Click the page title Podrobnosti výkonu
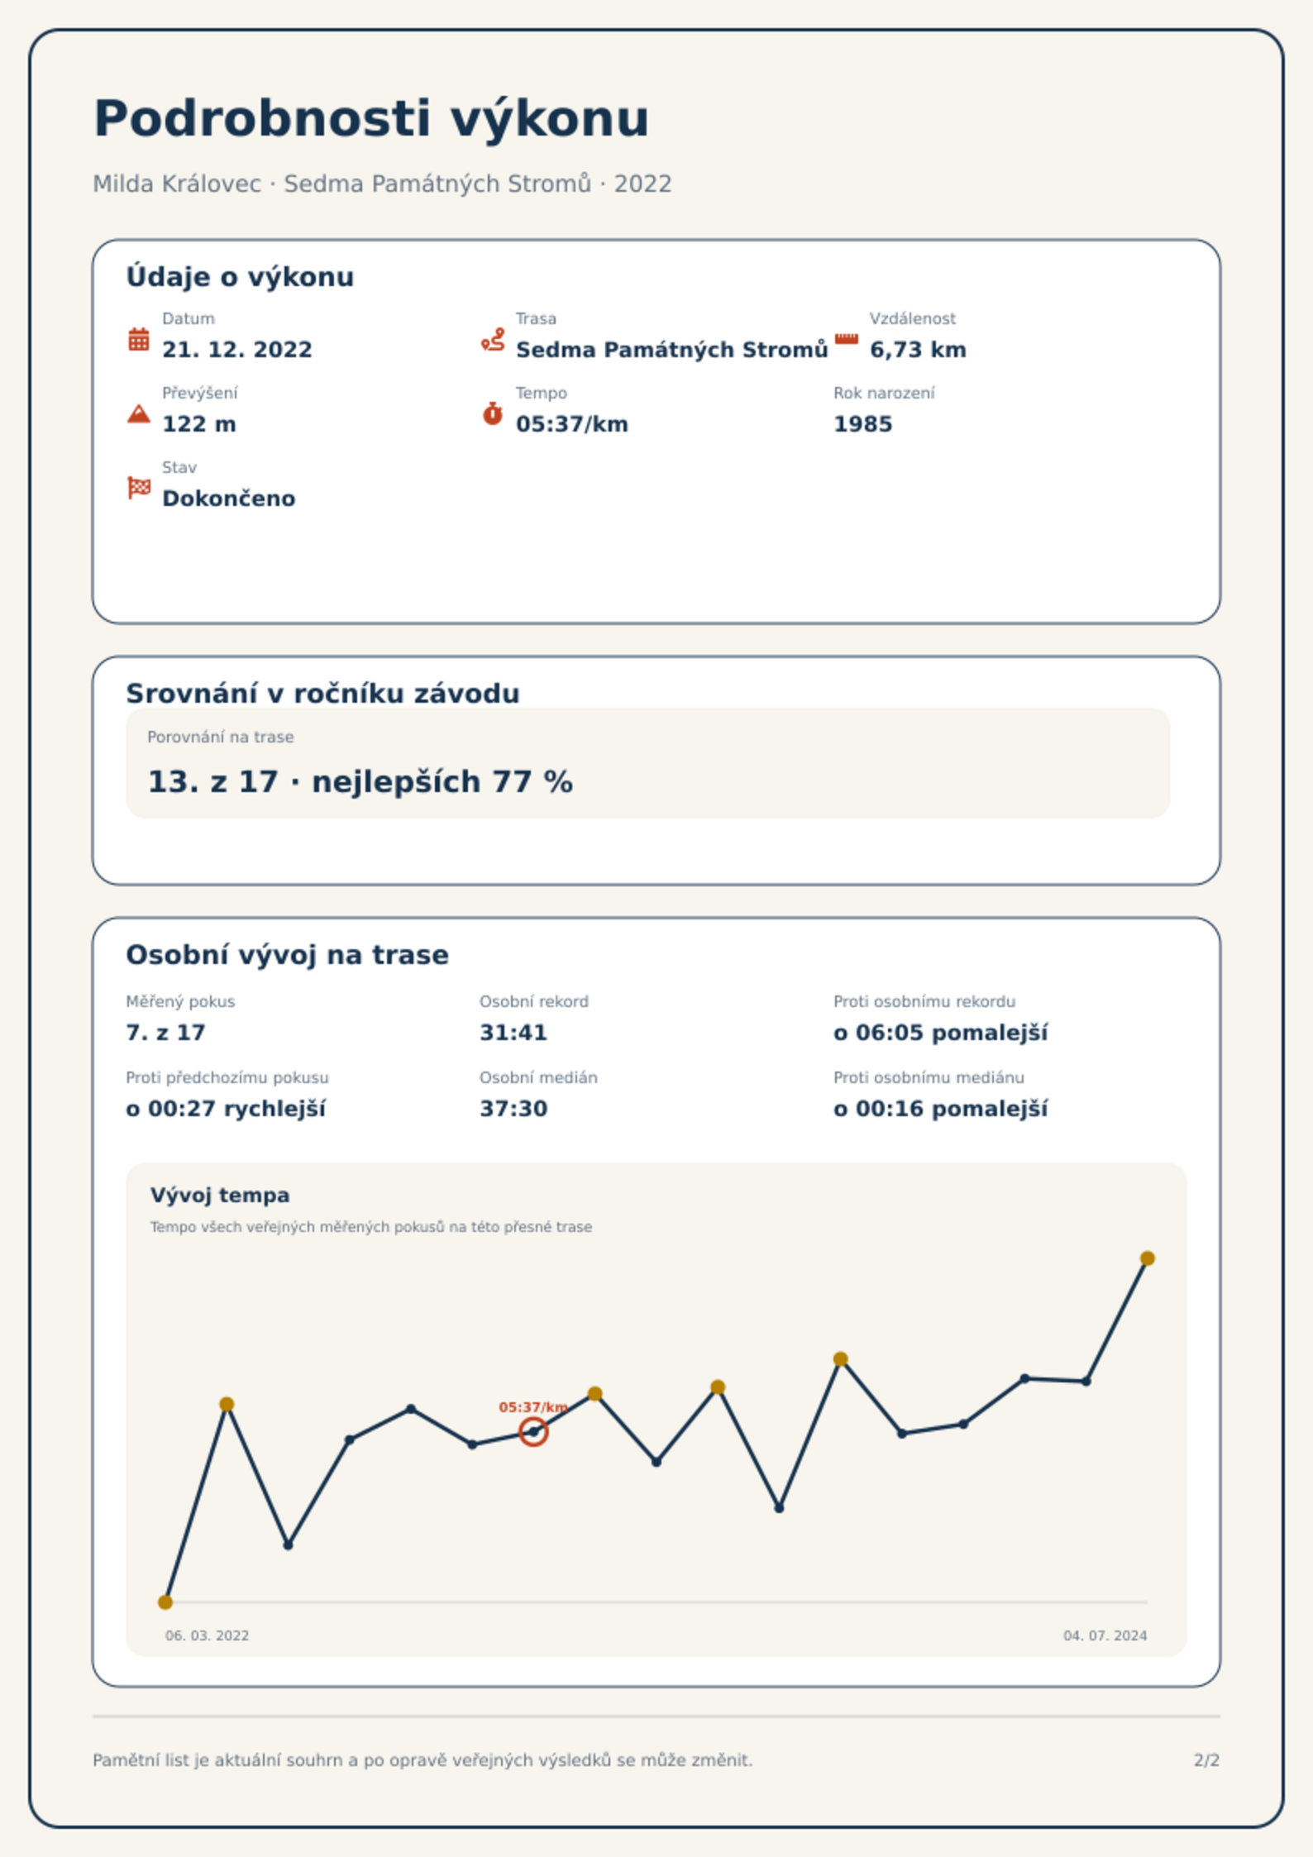tap(371, 119)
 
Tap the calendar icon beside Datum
tap(139, 339)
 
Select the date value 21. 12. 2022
tap(237, 350)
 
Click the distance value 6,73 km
tap(918, 350)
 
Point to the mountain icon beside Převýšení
tap(139, 413)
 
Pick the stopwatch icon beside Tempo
tap(493, 413)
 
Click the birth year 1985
tap(862, 424)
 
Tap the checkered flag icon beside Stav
tap(139, 488)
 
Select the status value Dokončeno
tap(229, 499)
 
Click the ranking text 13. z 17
tap(212, 781)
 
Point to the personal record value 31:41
tap(513, 1033)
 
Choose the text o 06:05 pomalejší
tap(940, 1033)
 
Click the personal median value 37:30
tap(513, 1109)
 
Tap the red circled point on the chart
tap(533, 1431)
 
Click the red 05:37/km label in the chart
tap(533, 1406)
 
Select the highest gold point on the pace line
tap(1147, 1258)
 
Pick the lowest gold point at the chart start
tap(165, 1602)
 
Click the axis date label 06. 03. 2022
tap(207, 1635)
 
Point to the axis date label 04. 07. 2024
tap(1105, 1635)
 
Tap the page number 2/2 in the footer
tap(1206, 1760)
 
